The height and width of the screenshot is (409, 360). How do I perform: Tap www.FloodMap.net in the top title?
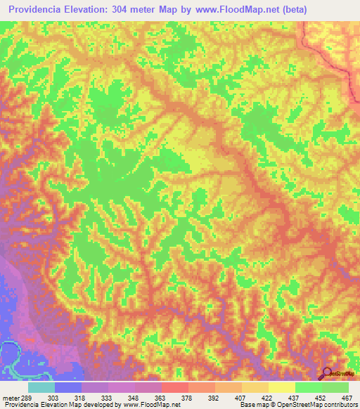(240, 10)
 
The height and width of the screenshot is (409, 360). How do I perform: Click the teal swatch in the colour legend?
(41, 387)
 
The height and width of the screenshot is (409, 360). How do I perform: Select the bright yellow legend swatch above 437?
(281, 387)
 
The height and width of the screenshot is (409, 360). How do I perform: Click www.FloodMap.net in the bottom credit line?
(150, 405)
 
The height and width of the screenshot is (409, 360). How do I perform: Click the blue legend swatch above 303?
(68, 387)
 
